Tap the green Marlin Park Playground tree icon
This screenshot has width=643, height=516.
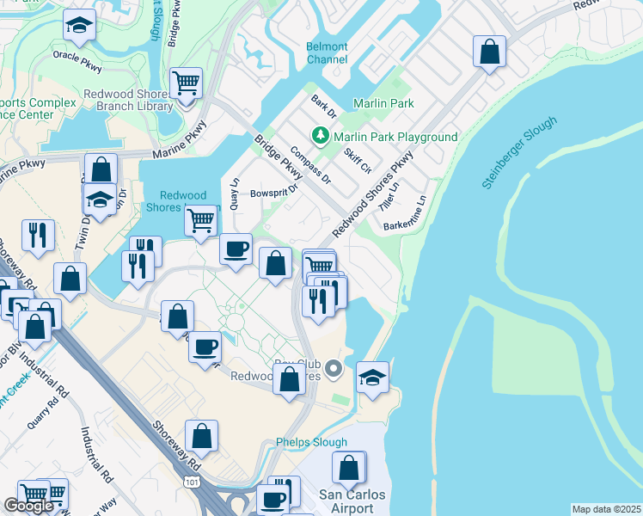tap(321, 136)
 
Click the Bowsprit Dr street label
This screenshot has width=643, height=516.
tap(273, 192)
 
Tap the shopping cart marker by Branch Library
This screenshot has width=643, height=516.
tap(186, 83)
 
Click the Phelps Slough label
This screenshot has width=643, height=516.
tap(311, 443)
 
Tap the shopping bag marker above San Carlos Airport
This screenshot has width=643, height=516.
tap(349, 469)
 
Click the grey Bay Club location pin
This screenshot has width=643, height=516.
tap(337, 370)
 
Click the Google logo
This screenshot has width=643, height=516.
tap(28, 505)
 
